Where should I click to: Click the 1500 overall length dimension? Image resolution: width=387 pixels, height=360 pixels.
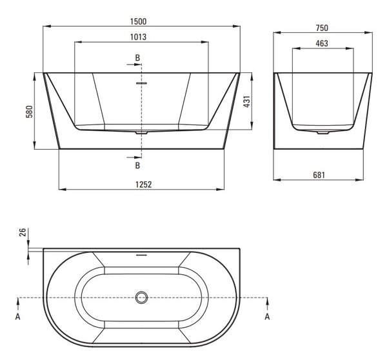coord(138,21)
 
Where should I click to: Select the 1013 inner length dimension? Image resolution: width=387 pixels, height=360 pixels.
coord(138,37)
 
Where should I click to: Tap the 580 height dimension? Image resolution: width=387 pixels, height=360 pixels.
coord(29,112)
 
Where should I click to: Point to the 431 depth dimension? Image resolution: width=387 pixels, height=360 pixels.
coord(247,101)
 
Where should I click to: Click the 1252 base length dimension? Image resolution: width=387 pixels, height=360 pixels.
coord(144,185)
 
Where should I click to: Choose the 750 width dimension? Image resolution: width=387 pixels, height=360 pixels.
coord(322,28)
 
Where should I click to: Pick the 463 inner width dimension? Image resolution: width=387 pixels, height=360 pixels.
coord(322,43)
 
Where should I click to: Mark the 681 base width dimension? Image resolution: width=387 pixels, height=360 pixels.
coord(319,175)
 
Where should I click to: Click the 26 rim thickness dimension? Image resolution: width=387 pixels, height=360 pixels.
coord(23,232)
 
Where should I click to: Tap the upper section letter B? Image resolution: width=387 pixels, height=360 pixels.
coord(137,58)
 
